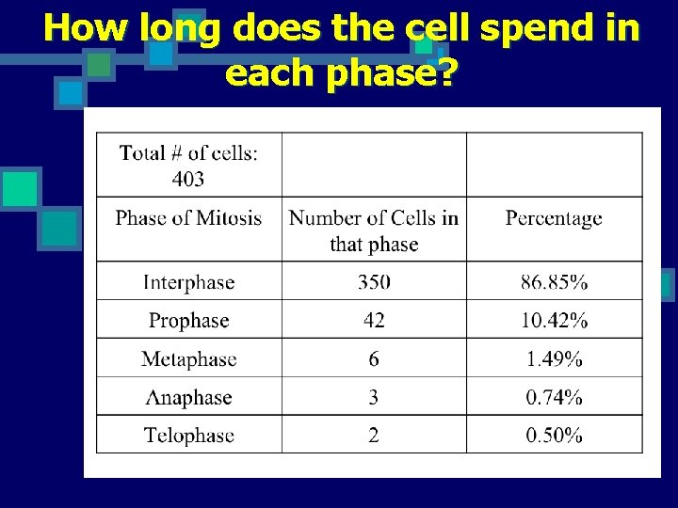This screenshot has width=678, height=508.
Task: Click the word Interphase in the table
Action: (x=188, y=282)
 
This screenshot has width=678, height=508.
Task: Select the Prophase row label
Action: (x=188, y=321)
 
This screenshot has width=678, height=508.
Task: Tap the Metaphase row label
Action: (x=188, y=359)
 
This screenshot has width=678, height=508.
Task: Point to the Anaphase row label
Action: (x=188, y=397)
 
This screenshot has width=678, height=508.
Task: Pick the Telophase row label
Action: (x=188, y=436)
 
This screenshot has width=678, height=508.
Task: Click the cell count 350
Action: (x=374, y=282)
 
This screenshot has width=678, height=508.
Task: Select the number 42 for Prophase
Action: (x=374, y=321)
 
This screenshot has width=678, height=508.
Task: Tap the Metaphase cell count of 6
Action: (x=374, y=359)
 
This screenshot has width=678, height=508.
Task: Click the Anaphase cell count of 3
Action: (x=374, y=397)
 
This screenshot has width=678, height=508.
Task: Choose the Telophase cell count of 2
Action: (x=374, y=436)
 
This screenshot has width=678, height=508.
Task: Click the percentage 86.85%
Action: (x=554, y=282)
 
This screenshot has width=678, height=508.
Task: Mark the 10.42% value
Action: (x=554, y=321)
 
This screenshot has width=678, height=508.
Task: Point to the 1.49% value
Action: (x=554, y=359)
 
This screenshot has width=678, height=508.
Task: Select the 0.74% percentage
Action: (x=554, y=397)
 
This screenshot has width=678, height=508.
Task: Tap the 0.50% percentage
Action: (x=554, y=436)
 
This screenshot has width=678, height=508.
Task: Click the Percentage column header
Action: (x=554, y=218)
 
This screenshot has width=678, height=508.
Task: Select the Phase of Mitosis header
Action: (x=188, y=218)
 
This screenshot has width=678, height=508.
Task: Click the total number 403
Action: (x=188, y=178)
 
